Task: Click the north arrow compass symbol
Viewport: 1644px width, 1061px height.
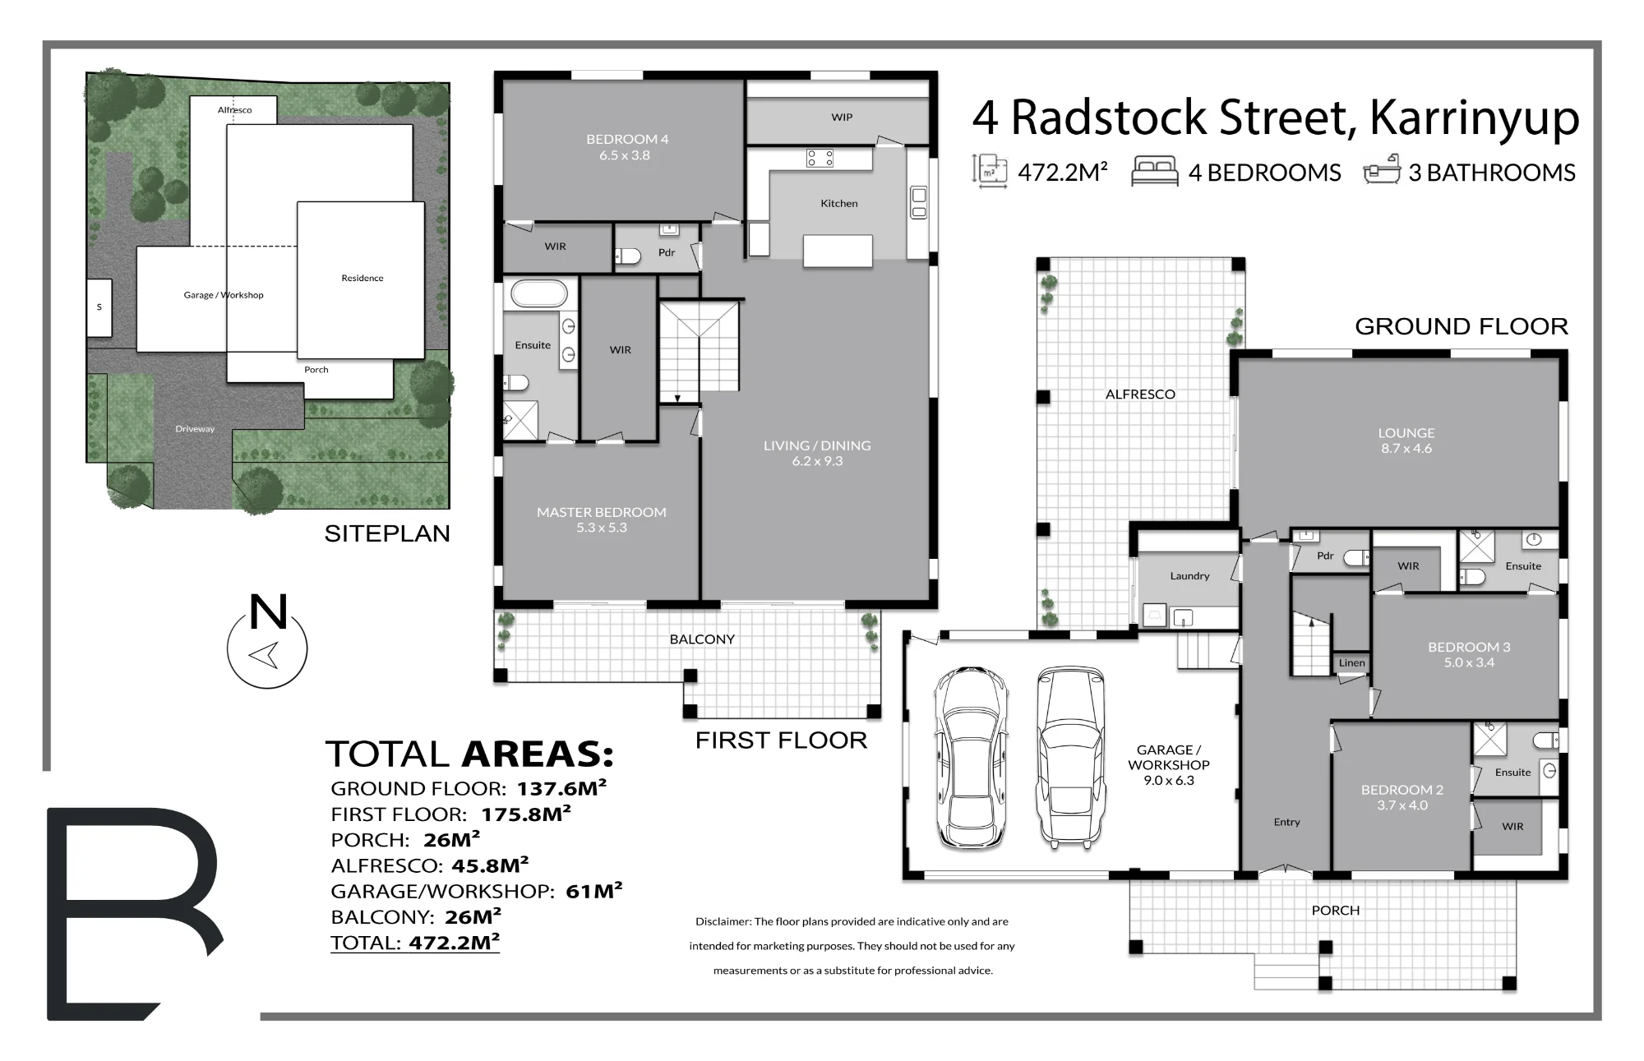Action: coord(267,640)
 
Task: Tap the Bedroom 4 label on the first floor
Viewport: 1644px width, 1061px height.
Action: coord(627,147)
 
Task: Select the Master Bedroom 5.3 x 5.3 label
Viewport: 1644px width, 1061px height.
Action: coord(602,519)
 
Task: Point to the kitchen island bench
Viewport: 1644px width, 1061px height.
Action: coord(838,250)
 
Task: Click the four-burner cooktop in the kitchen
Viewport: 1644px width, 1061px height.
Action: coord(820,158)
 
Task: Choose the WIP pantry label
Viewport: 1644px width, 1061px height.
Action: coord(842,118)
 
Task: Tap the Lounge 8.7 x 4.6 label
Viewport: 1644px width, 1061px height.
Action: coord(1406,441)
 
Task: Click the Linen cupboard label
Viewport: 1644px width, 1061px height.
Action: coord(1352,663)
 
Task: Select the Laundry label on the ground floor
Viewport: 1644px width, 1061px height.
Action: coord(1189,576)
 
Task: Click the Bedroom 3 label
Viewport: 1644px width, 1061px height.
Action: coord(1469,654)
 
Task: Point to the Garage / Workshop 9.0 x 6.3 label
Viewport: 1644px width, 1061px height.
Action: coord(1169,765)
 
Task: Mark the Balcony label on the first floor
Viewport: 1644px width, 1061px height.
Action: coord(702,639)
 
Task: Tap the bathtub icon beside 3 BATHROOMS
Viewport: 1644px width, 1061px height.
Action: coord(1382,170)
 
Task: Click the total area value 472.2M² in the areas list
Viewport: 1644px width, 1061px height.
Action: coord(455,942)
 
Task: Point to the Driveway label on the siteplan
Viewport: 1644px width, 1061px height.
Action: coord(195,429)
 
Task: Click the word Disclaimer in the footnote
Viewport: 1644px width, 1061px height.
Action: coord(723,922)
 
